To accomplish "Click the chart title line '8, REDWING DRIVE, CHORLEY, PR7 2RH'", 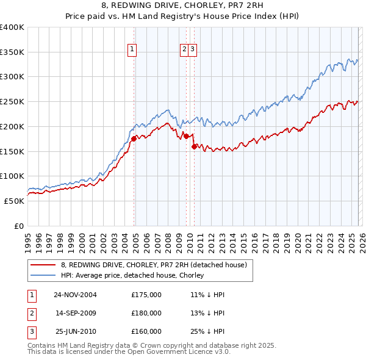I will click(182, 5).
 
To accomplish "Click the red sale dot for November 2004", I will click(134, 139).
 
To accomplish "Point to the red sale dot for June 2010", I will click(194, 146).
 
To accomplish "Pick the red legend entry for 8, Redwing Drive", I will click(153, 265).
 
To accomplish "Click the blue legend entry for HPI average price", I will click(132, 276).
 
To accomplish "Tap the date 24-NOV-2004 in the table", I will click(75, 294).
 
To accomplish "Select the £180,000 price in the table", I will click(146, 313).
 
